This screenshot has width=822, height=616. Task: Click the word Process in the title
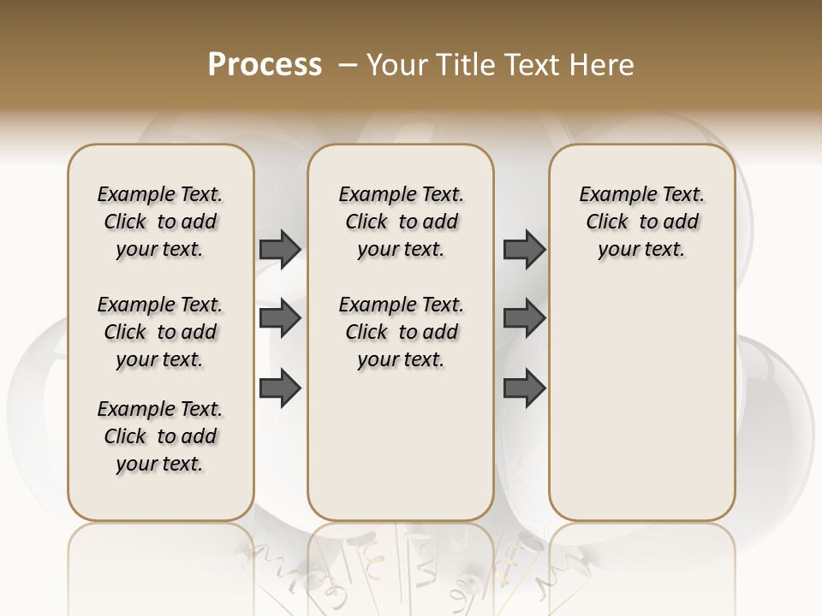pos(265,65)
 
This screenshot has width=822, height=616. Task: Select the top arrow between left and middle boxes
pos(280,249)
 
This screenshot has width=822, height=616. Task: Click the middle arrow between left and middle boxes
pos(280,318)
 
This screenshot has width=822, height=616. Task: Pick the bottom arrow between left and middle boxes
pos(280,388)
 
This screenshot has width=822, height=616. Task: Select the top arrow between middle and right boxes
pos(524,249)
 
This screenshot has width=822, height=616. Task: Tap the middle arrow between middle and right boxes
pos(524,318)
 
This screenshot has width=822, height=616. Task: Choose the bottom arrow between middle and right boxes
pos(524,388)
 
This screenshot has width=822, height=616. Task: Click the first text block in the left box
pos(160,222)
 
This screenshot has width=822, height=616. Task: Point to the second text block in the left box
pos(160,332)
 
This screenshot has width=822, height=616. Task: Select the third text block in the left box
pos(160,436)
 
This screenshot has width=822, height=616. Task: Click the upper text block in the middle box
pos(401,222)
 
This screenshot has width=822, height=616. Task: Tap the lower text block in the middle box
pos(401,332)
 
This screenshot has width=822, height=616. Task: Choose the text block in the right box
pos(642,222)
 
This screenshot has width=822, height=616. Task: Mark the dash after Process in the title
pos(348,65)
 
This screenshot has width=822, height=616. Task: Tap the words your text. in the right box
pos(642,250)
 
